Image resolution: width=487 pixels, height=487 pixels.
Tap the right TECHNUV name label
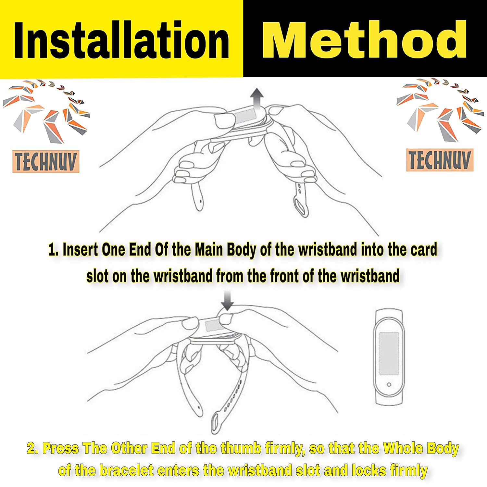pos(440,160)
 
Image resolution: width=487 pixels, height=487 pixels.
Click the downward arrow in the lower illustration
pos(227,301)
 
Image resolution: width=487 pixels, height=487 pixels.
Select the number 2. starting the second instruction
pos(33,448)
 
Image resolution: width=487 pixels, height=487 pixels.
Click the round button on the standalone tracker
pos(389,385)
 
